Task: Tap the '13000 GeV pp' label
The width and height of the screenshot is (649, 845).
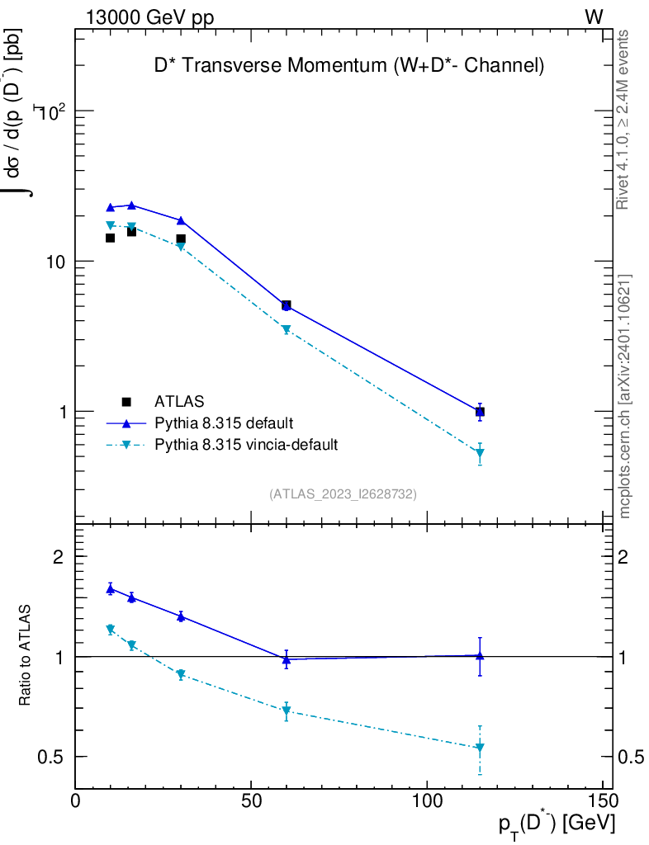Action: [149, 17]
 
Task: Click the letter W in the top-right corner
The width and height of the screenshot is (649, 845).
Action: [594, 17]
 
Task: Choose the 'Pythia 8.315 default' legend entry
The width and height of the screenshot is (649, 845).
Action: [224, 423]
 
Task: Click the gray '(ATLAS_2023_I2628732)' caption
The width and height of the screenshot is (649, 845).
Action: [343, 493]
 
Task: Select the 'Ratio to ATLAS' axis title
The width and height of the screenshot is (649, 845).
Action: [26, 656]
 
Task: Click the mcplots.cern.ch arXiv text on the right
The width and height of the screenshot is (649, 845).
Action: [625, 396]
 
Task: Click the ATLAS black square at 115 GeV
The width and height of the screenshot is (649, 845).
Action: [480, 412]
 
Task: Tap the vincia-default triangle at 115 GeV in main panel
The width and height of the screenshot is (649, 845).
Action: [480, 453]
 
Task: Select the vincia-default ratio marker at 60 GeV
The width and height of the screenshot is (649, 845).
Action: [286, 710]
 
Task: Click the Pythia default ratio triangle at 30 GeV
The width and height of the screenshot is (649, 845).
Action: [181, 616]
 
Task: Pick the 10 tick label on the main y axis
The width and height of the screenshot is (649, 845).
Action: [59, 262]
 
